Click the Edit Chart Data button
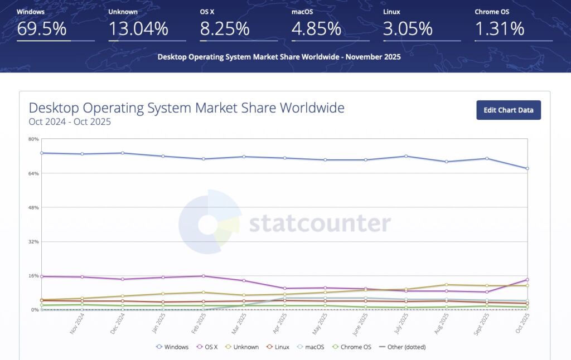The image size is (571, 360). tap(509, 110)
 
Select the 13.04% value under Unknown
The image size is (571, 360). tap(138, 29)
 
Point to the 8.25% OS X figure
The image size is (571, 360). tap(225, 29)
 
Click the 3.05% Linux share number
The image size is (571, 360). tap(407, 29)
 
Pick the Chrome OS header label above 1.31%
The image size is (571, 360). tap(491, 11)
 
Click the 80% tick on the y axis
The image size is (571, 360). tap(34, 139)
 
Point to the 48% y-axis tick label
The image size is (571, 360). tap(34, 207)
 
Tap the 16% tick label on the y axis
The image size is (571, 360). tap(34, 276)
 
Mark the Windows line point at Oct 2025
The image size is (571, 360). tap(528, 168)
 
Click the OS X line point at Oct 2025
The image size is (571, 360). tap(528, 280)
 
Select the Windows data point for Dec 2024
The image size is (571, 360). tap(122, 153)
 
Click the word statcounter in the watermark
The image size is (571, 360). tap(320, 223)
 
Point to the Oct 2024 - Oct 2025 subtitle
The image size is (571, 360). tap(70, 121)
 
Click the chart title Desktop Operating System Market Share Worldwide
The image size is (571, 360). tap(186, 108)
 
